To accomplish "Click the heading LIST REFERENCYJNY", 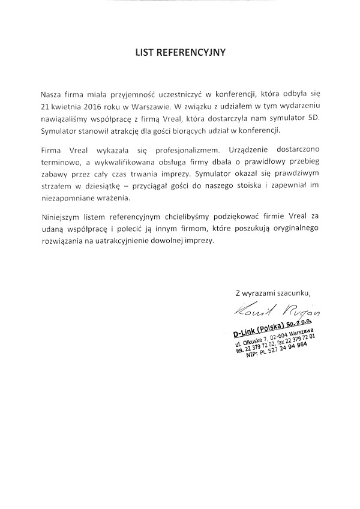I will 180,52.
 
